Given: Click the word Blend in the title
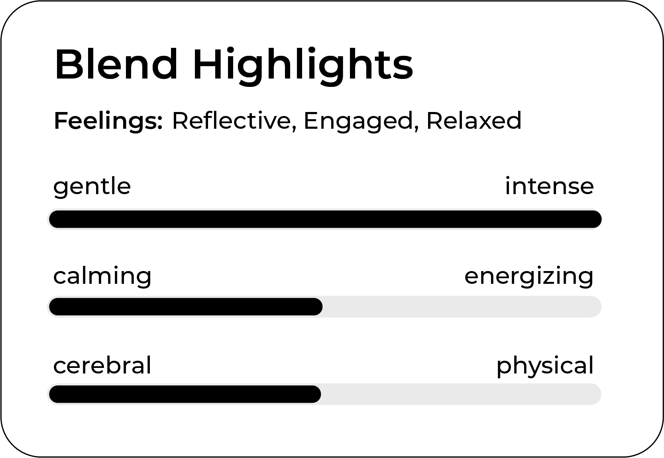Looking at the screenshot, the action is pyautogui.click(x=116, y=64).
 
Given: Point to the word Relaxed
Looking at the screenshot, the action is pyautogui.click(x=474, y=120).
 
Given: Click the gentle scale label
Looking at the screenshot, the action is pyautogui.click(x=92, y=187).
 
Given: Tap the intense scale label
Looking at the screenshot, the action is pyautogui.click(x=549, y=186).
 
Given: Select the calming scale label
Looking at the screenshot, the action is pyautogui.click(x=102, y=277).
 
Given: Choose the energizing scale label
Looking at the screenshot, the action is pyautogui.click(x=529, y=277).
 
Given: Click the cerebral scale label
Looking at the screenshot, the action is pyautogui.click(x=102, y=365).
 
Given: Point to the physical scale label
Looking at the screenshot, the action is pyautogui.click(x=545, y=366).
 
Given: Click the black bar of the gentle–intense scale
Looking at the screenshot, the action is pyautogui.click(x=325, y=219).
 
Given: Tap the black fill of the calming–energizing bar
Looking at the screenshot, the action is pyautogui.click(x=186, y=307).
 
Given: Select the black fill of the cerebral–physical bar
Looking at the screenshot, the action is pyautogui.click(x=185, y=394).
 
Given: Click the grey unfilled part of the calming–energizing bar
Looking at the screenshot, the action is pyautogui.click(x=462, y=307).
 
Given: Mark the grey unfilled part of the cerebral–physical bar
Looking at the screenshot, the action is pyautogui.click(x=461, y=394).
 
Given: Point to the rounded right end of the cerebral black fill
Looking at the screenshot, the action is pyautogui.click(x=320, y=394).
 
